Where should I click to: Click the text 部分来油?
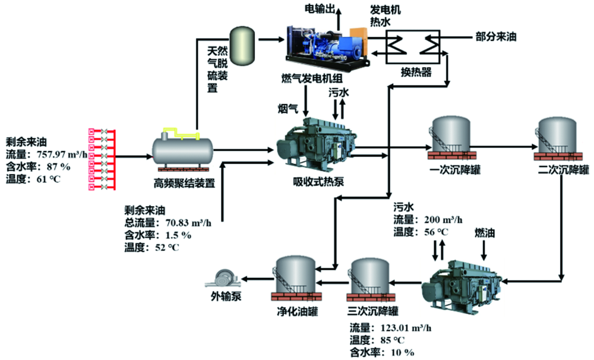click(497, 36)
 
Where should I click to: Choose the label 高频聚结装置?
click(182, 183)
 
